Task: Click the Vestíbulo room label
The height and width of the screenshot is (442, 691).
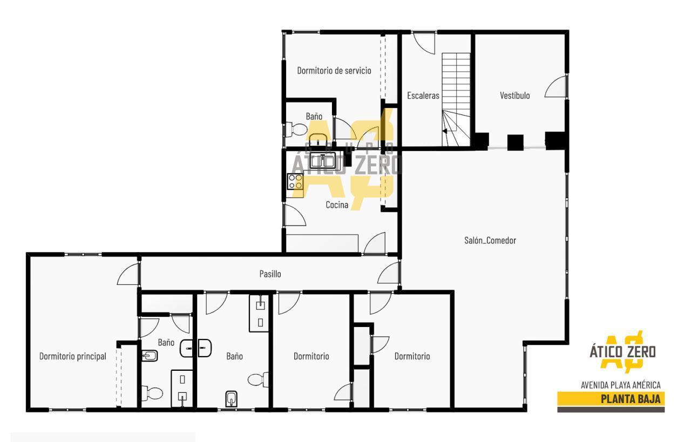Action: [x=514, y=96]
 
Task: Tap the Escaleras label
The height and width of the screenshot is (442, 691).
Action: [x=423, y=96]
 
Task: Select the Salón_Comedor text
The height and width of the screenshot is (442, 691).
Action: [x=490, y=240]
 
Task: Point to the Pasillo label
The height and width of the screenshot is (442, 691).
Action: [x=270, y=274]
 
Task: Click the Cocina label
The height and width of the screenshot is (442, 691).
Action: [x=337, y=205]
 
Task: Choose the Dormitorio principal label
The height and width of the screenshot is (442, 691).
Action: [x=72, y=356]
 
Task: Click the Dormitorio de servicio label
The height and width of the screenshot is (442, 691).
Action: [x=334, y=70]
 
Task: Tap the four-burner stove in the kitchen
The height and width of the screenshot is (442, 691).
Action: [x=295, y=181]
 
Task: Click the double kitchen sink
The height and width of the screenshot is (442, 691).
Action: [x=322, y=161]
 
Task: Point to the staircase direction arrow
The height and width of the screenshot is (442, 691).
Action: [x=444, y=131]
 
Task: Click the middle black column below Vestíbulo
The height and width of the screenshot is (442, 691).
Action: [x=515, y=142]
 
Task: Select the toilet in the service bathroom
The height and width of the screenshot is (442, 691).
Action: [x=296, y=128]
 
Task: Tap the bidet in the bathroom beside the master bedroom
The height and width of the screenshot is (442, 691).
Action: [x=150, y=356]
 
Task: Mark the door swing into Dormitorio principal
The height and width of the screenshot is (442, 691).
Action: [x=128, y=274]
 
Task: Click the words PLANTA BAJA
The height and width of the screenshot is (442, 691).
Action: [x=631, y=399]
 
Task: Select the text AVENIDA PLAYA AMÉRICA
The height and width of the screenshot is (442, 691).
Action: [x=621, y=385]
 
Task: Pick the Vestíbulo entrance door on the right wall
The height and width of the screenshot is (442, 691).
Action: [x=556, y=86]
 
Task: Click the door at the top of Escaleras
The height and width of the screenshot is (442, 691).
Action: [x=424, y=43]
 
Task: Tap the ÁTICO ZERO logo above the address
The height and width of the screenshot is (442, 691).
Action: [x=622, y=352]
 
